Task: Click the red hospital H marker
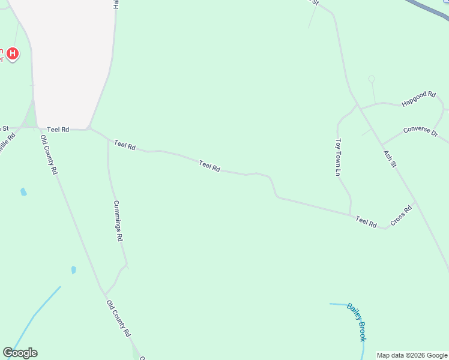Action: (x=12, y=55)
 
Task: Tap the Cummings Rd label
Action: (x=118, y=221)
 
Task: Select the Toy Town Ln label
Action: (x=339, y=157)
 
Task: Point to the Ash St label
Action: (x=390, y=158)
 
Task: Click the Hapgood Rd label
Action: (x=418, y=99)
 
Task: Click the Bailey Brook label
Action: (x=357, y=322)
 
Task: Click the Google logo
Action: (x=20, y=353)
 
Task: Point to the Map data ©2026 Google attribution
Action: (x=412, y=355)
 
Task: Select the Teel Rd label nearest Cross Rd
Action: (x=366, y=222)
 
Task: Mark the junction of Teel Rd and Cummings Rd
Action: (x=108, y=140)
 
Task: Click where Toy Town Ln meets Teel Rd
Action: (x=351, y=214)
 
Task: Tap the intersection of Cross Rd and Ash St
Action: (x=415, y=202)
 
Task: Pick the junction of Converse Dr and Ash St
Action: (x=382, y=145)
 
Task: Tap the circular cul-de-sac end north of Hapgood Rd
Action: (x=372, y=79)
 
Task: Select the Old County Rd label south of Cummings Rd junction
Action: (x=118, y=318)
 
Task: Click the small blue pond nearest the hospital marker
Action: (x=23, y=192)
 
